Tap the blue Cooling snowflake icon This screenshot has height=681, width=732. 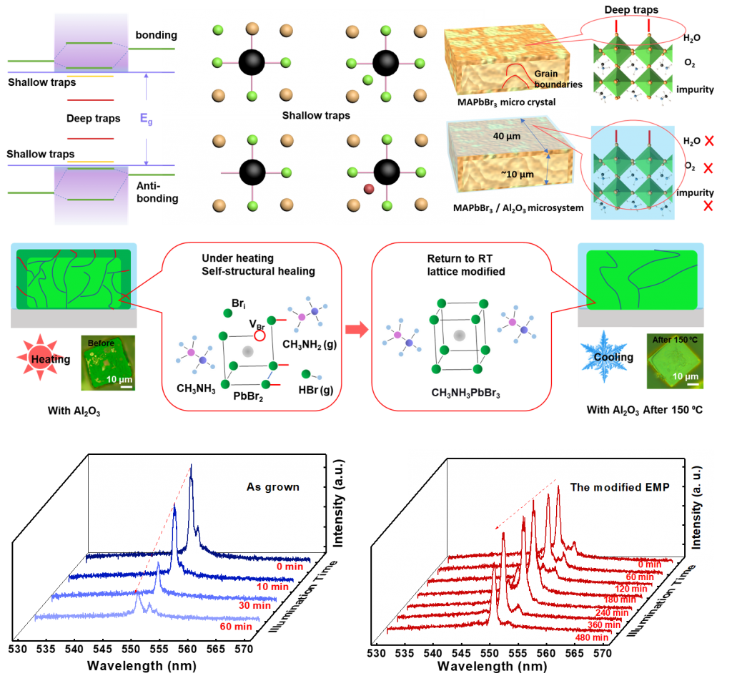pos(605,356)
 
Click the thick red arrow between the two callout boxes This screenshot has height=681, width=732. pos(357,329)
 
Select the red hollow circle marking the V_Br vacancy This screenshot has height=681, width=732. pos(259,335)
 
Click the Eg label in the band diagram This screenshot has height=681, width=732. pos(146,119)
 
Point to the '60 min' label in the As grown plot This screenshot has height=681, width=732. pos(236,627)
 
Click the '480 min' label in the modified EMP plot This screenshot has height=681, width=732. pos(592,637)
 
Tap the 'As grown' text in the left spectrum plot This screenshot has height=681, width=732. pos(272,487)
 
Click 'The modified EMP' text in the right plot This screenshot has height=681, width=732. pos(620,487)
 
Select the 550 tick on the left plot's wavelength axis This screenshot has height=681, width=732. pos(131,649)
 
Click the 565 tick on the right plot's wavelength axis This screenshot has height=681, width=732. pos(574,653)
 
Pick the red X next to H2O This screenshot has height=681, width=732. pos(709,141)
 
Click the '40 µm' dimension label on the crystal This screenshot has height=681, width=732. pos(507,137)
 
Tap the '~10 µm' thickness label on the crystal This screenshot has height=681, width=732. pos(518,175)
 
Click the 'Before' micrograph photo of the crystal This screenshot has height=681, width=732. pos(108,363)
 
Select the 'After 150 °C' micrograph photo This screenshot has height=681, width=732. pos(675,361)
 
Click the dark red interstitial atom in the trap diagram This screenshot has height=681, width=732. pos(369,189)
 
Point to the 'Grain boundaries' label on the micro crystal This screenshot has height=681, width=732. pos(558,79)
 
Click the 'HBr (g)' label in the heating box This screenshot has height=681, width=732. pos(315,390)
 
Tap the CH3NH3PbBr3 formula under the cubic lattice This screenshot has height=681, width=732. pos(465,393)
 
